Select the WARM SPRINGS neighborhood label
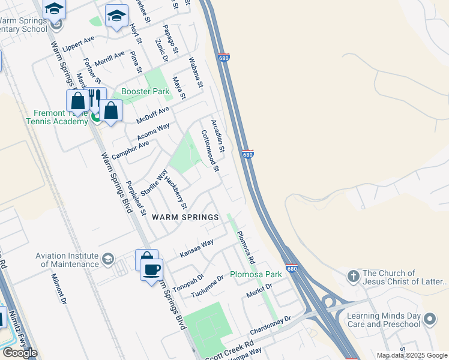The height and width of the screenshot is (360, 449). pos(184,217)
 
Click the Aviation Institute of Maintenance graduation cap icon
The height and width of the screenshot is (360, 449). pos(107,259)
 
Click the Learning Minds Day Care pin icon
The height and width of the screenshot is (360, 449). pos(429,319)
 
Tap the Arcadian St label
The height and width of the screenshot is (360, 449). pos(217,136)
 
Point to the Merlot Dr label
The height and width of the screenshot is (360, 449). pos(259,291)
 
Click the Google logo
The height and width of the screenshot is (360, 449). pos(19,353)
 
